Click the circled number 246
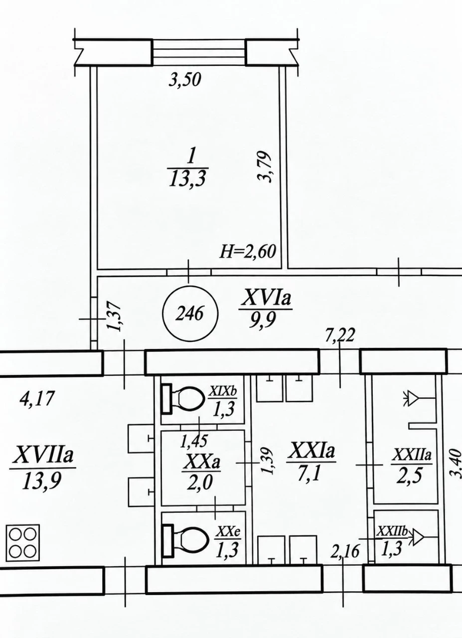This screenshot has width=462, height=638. [190, 315]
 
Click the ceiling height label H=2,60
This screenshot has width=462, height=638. [248, 252]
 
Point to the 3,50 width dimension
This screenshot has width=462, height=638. [185, 80]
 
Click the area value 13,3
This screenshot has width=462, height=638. [187, 179]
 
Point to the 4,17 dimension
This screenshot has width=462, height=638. [37, 398]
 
